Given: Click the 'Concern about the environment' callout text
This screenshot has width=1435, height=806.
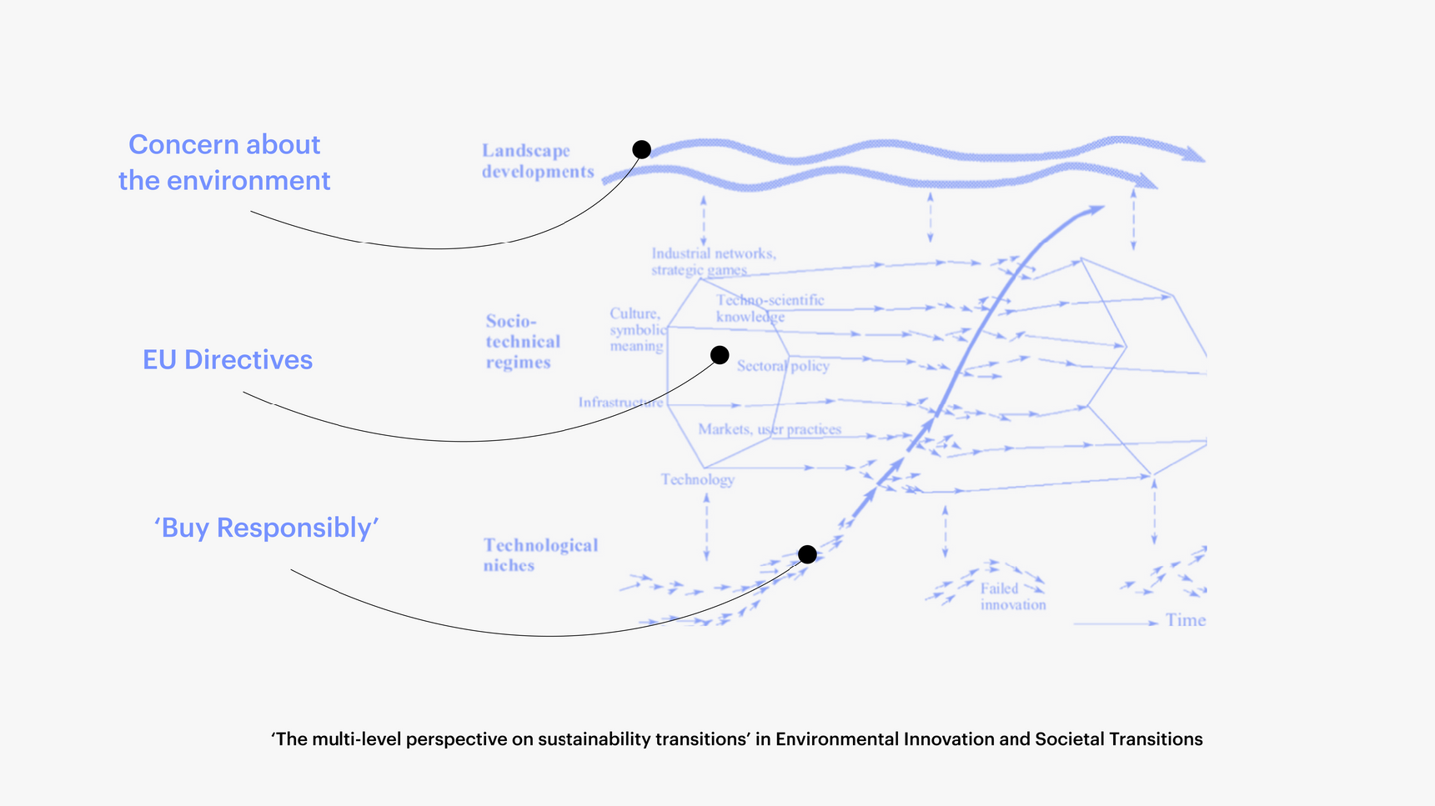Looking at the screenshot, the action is tap(224, 163).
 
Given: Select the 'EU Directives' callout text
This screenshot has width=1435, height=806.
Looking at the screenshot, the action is tap(228, 359).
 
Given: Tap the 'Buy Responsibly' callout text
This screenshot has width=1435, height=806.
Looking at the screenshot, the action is tap(267, 528).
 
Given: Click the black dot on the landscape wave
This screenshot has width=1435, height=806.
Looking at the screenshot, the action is tap(641, 149).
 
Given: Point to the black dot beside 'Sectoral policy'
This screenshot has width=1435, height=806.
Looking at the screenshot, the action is tap(720, 355).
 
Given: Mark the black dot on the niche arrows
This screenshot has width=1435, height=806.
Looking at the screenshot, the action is tap(807, 554).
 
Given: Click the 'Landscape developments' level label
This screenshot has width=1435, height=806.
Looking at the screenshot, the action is tap(537, 161).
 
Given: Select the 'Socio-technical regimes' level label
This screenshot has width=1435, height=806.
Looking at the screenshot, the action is tap(522, 342).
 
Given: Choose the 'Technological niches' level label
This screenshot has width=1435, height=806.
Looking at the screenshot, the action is tap(539, 555).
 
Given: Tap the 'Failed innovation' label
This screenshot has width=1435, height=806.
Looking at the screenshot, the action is tap(1012, 597).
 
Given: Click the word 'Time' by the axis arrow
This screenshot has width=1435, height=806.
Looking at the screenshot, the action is tap(1186, 620).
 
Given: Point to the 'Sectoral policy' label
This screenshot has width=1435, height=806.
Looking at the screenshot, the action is tap(783, 366).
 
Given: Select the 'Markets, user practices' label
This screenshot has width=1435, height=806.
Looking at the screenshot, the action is tap(770, 429).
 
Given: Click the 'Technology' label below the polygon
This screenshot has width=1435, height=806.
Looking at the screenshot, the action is tap(697, 479).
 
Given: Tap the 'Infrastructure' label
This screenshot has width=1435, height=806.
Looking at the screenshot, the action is tap(620, 403).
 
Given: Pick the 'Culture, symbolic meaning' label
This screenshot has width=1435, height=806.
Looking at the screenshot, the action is tap(637, 330).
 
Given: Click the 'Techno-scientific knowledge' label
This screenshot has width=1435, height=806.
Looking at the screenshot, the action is tap(769, 308).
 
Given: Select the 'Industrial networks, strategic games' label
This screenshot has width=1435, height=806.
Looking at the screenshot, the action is tap(713, 261).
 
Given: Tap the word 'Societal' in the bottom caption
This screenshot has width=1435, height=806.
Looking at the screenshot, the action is tap(1069, 739).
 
